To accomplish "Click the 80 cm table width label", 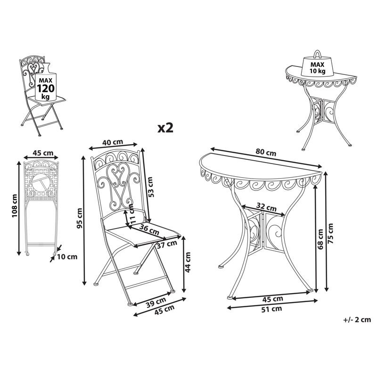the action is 266,152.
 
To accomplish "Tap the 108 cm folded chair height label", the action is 15,205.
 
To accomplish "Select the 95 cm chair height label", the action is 80,218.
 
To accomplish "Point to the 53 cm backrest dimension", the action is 150,187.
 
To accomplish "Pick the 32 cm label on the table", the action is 266,207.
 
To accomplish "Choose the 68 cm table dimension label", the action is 320,239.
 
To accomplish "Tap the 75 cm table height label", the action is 331,233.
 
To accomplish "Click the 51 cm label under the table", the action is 272,309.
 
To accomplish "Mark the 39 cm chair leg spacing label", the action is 156,303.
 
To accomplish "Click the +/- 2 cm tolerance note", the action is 357,320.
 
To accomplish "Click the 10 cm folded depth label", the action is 67,257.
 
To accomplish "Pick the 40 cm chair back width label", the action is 113,142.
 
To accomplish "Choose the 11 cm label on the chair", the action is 131,214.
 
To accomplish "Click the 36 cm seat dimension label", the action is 149,229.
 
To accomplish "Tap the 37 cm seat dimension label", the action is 167,244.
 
